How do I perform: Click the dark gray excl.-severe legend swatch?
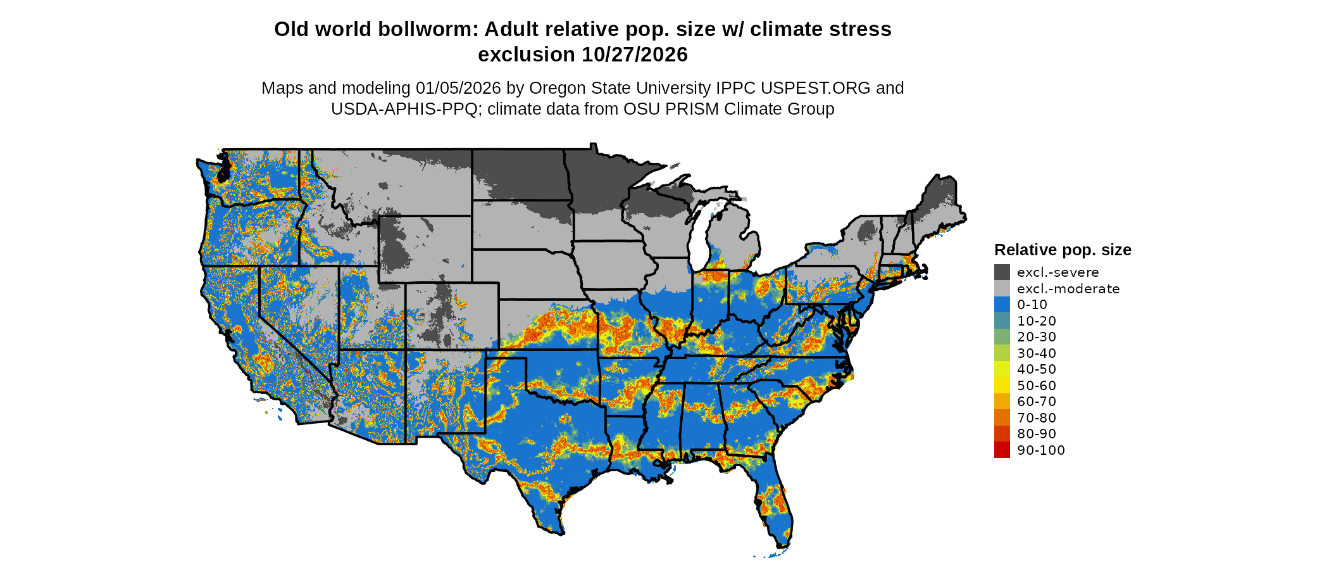pos(1002,272)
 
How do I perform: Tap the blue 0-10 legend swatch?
pos(1002,305)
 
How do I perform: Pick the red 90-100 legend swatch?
pos(1002,450)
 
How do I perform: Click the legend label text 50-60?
pos(1037,386)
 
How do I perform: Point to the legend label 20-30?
pos(1037,337)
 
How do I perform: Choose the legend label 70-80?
pos(1037,418)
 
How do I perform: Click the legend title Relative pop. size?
pos(1063,250)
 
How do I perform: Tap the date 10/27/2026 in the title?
pos(635,55)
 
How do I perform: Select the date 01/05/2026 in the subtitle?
pos(458,88)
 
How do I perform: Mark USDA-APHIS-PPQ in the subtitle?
pos(404,109)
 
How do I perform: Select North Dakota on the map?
pos(518,174)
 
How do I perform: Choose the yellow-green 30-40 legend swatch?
pos(1002,353)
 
